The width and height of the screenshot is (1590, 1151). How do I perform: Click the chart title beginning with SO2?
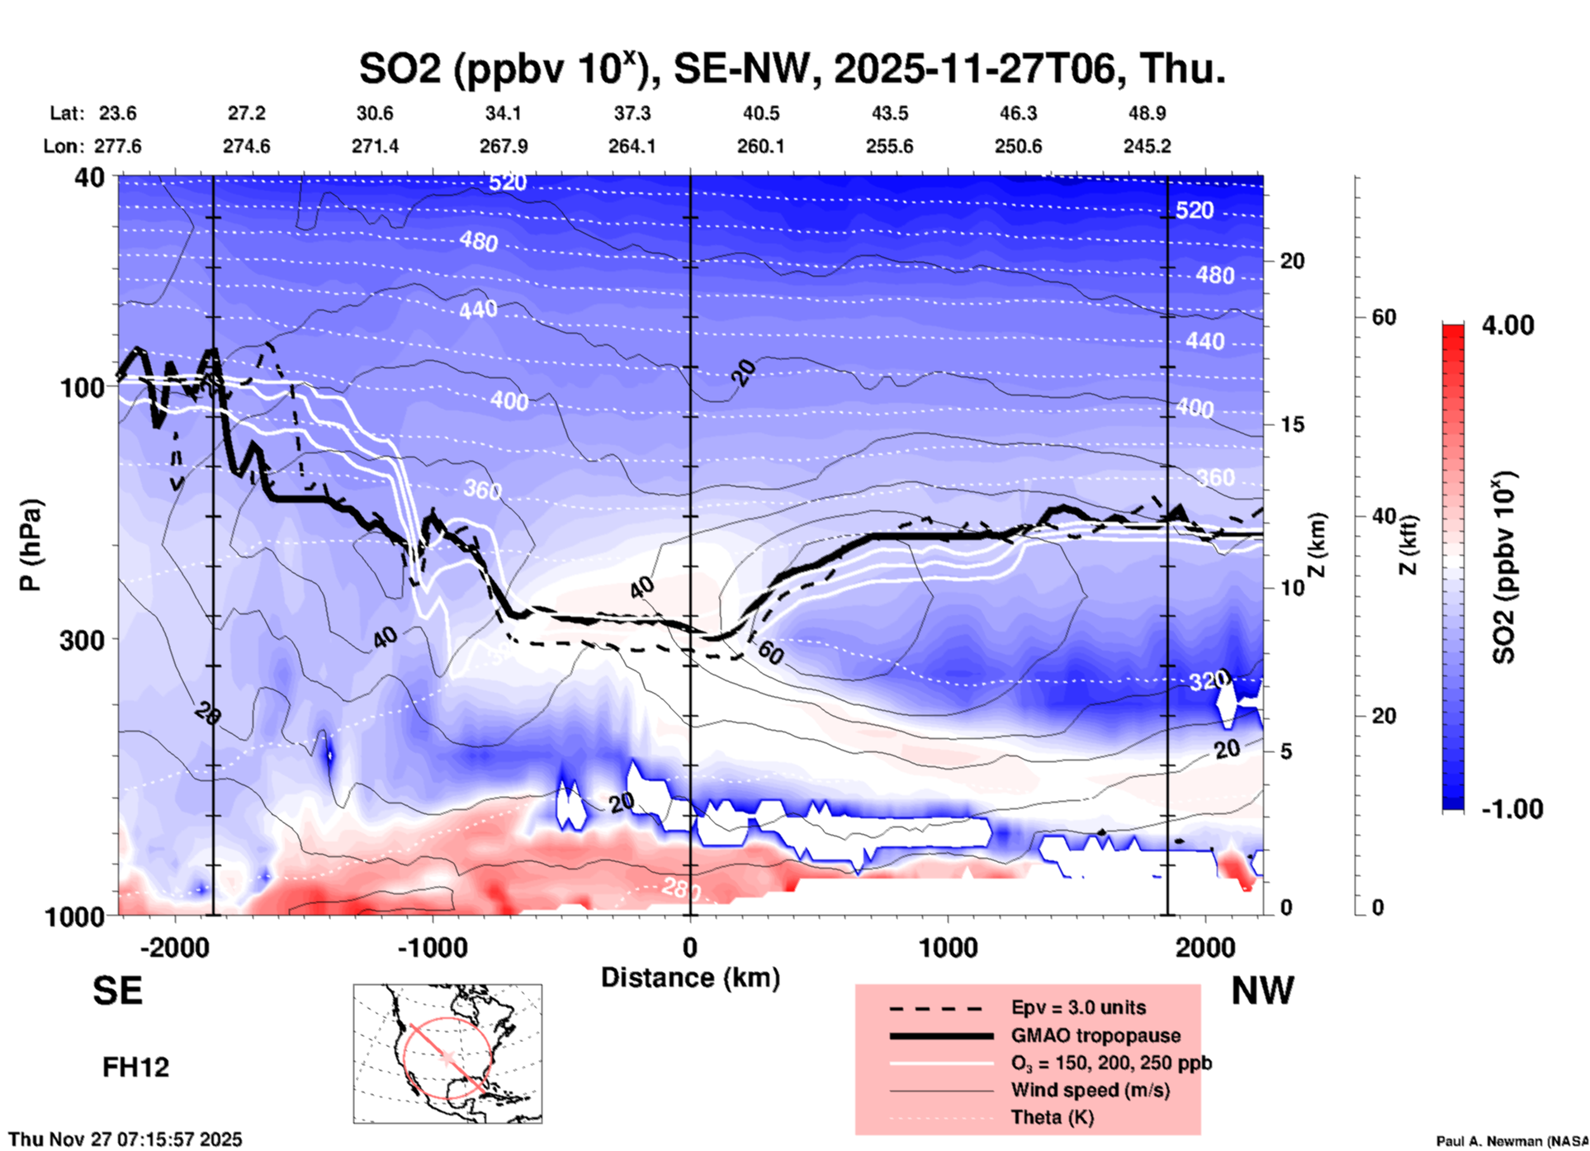[792, 69]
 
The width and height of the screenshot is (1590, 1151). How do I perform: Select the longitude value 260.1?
[760, 146]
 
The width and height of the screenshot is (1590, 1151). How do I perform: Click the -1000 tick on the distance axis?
[432, 947]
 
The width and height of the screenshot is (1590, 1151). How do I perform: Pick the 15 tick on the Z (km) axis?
[1292, 424]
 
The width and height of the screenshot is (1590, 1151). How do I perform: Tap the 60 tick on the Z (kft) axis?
[1384, 317]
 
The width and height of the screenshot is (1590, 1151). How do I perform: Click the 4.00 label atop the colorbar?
[1507, 325]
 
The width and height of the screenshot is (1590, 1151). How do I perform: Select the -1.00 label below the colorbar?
[1512, 809]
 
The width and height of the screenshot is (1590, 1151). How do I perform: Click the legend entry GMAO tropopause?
[1095, 1035]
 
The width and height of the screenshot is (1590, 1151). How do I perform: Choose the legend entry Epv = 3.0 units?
[1078, 1007]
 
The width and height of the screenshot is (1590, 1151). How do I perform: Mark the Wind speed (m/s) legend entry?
[1090, 1090]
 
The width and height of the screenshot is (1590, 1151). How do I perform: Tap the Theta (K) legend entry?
[1052, 1117]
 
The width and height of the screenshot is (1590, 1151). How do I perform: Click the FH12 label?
[135, 1068]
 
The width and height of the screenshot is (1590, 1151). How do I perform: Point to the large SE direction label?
[117, 991]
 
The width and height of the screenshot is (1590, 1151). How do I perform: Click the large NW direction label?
[1262, 991]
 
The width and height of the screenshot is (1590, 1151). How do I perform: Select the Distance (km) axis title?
[690, 978]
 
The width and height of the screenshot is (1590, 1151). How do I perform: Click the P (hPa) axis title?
[31, 545]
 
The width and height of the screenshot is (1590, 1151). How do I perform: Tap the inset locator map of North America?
[447, 1054]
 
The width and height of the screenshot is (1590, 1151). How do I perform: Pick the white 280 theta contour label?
[681, 889]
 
